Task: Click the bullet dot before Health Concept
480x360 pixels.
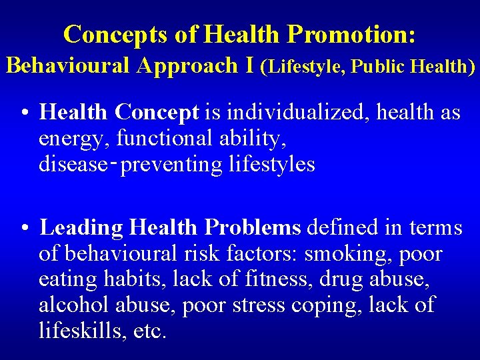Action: click(24, 113)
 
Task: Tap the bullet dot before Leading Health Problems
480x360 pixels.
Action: click(24, 229)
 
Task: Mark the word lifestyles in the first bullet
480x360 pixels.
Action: click(272, 164)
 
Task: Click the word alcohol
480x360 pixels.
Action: click(75, 305)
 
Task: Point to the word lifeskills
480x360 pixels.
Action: click(81, 331)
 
